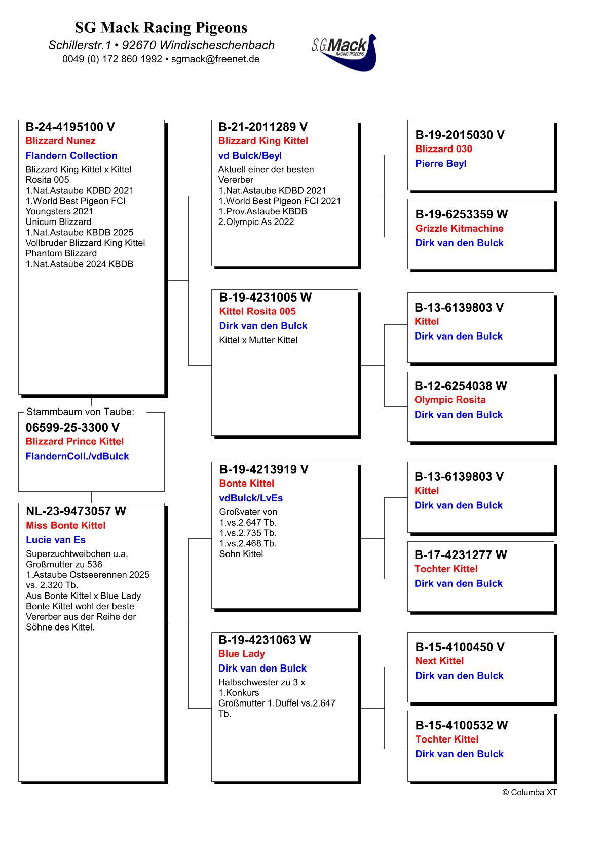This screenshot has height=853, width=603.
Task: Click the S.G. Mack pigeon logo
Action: coord(345,52)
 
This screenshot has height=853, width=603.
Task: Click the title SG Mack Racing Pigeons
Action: coord(161,27)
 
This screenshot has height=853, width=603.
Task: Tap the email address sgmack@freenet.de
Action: coord(215,59)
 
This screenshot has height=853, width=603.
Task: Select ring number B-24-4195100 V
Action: coord(70,127)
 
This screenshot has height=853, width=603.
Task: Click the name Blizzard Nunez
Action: coord(60,141)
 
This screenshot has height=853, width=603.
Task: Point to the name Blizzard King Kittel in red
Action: coord(263,141)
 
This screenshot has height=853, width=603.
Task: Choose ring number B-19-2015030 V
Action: coord(460,135)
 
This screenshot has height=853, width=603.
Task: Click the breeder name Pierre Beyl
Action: coord(440,163)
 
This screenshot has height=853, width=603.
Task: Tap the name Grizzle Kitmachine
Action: coord(459,228)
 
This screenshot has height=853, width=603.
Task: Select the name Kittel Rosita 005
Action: coord(257,311)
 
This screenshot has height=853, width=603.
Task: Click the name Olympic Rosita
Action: coord(449,400)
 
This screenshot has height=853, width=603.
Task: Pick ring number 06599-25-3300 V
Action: coord(72,428)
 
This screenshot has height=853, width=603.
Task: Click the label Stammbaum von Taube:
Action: coord(80,412)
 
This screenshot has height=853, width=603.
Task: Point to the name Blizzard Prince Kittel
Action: coord(74,441)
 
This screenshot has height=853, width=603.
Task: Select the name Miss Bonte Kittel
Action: coord(65,525)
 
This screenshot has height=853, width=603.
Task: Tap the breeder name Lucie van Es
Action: coord(55,540)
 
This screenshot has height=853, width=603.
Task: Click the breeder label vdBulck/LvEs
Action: coord(251,498)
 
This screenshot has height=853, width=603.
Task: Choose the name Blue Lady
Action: coord(241,654)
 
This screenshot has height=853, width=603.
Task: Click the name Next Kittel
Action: coord(439,661)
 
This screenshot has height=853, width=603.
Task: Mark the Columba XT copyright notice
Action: coord(529,792)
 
